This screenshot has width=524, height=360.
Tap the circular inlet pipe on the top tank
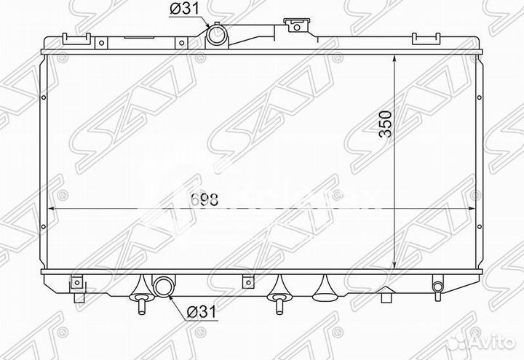(217, 35)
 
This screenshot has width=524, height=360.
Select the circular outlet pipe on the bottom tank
(162, 286)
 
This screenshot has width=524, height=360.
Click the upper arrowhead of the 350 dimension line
(394, 57)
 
